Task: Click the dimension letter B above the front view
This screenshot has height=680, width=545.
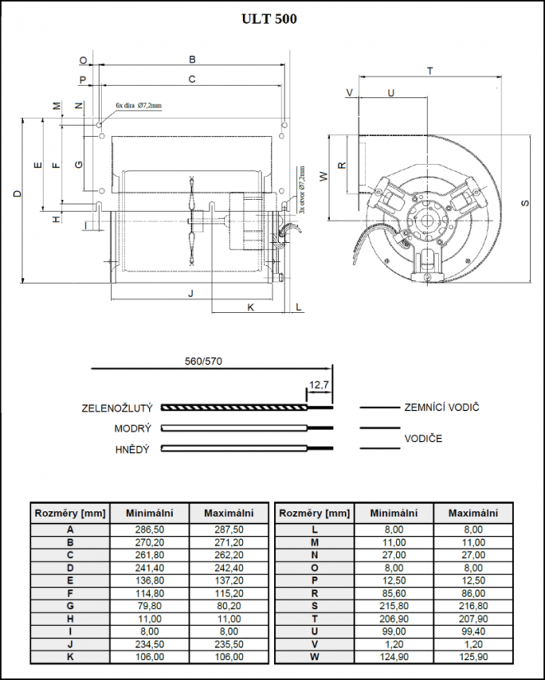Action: (192, 59)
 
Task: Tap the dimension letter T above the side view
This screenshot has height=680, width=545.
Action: (430, 72)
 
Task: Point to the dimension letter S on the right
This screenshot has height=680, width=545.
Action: (524, 202)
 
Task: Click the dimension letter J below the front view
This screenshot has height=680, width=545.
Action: (190, 293)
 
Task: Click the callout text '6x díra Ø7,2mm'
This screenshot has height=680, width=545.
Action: (138, 105)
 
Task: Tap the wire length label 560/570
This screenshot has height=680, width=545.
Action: (204, 361)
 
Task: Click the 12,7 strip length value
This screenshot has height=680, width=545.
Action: (319, 384)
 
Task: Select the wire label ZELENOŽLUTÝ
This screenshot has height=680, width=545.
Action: (117, 408)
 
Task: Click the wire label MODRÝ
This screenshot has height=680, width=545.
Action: (133, 429)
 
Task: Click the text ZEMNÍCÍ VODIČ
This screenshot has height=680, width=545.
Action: (442, 408)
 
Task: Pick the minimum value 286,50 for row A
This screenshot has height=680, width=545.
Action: (149, 530)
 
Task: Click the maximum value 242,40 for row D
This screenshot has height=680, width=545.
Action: (228, 567)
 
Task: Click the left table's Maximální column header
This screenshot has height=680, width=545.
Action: (228, 513)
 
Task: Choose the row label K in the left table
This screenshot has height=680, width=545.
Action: (70, 656)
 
